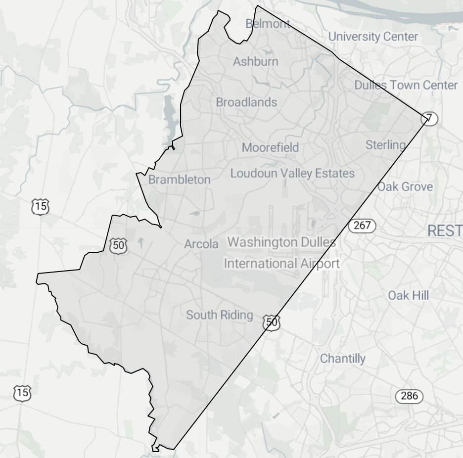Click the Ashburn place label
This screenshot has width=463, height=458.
click(x=256, y=62)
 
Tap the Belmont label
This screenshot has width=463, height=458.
click(x=268, y=23)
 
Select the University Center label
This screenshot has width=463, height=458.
click(x=373, y=37)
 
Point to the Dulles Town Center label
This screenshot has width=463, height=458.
click(x=406, y=85)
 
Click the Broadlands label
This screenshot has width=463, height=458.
click(x=246, y=102)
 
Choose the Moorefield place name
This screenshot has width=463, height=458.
click(x=270, y=147)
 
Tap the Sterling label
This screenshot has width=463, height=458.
click(x=385, y=145)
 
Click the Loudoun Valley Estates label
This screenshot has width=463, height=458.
click(x=292, y=174)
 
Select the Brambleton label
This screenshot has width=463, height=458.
click(x=180, y=180)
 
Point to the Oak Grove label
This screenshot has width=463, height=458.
click(x=405, y=187)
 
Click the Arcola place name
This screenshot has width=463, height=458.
click(x=201, y=244)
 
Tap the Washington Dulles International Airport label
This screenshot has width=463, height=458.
click(x=281, y=253)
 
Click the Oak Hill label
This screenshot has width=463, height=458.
click(x=408, y=295)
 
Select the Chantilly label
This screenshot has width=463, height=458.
click(x=343, y=359)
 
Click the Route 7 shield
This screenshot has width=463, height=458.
click(x=429, y=119)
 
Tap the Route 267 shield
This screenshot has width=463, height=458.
click(x=362, y=226)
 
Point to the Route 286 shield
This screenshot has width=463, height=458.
click(x=410, y=396)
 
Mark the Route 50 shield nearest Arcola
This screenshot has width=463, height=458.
click(x=118, y=245)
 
